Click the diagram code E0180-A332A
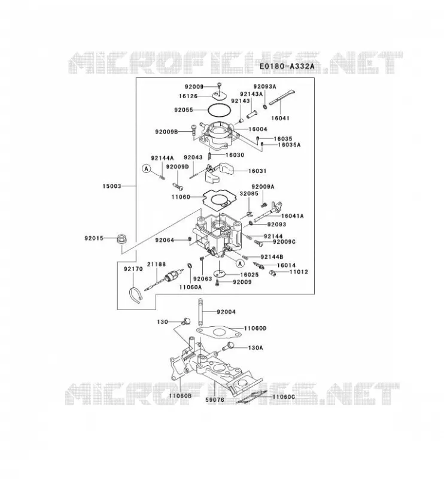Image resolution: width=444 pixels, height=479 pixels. pos(287,66)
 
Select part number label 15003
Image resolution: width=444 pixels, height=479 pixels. pos(112,186)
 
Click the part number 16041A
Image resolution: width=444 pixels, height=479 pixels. pos(292,216)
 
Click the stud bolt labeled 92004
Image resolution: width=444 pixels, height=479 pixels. pos(200,312)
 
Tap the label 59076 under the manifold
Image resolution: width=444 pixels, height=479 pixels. pos(214,399)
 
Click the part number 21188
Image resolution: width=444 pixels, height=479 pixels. pos(156,264)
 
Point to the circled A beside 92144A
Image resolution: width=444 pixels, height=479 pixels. pos(147,168)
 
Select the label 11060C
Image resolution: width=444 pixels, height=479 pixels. pos(284,397)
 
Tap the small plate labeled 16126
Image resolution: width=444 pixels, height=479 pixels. pos(220,95)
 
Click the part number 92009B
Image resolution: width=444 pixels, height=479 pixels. pos(166,132)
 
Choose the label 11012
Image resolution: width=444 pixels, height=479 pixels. pos(299,272)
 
